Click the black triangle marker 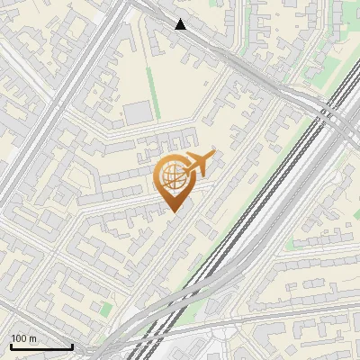[x=181, y=24]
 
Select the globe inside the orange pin [x=172, y=176]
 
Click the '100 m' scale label [x=23, y=338]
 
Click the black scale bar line [x=41, y=346]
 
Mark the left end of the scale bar [x=11, y=346]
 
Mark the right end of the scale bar [x=72, y=346]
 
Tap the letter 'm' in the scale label [x=32, y=338]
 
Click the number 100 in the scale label [x=19, y=338]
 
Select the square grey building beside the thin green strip [x=137, y=112]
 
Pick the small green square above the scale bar [x=105, y=308]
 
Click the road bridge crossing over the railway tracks [x=334, y=117]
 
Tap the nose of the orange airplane [x=213, y=156]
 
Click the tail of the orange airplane [x=186, y=166]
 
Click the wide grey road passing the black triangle [x=225, y=49]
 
